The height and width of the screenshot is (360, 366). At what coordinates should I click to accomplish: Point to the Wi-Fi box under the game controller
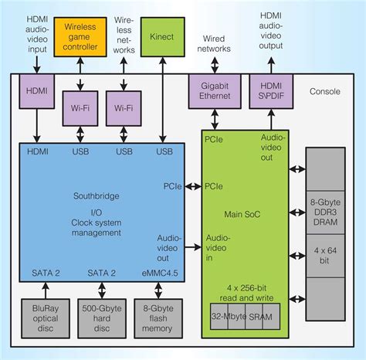80,108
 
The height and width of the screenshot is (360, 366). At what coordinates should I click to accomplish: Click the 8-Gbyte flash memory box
159,316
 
